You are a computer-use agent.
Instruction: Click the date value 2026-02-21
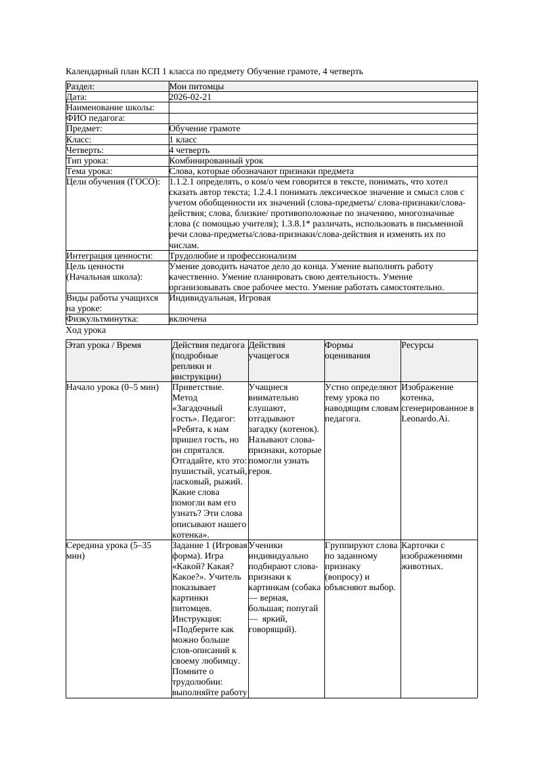click(x=190, y=97)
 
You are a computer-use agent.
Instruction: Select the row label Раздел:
click(x=81, y=87)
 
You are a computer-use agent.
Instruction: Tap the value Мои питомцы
click(x=196, y=87)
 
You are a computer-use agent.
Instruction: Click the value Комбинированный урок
click(x=216, y=161)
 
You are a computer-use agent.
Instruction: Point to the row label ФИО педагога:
click(x=96, y=118)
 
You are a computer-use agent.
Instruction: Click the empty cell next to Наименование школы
click(x=322, y=108)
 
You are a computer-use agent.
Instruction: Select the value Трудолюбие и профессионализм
click(x=232, y=256)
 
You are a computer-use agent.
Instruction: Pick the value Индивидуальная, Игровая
click(x=219, y=298)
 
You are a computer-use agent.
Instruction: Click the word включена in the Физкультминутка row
click(x=188, y=319)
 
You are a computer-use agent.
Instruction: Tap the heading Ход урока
click(x=86, y=331)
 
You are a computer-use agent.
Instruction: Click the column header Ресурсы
click(x=417, y=345)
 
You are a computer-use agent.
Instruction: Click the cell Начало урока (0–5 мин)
click(x=112, y=387)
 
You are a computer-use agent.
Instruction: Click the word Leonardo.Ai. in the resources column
click(x=425, y=419)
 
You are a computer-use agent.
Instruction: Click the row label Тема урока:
click(x=89, y=171)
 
